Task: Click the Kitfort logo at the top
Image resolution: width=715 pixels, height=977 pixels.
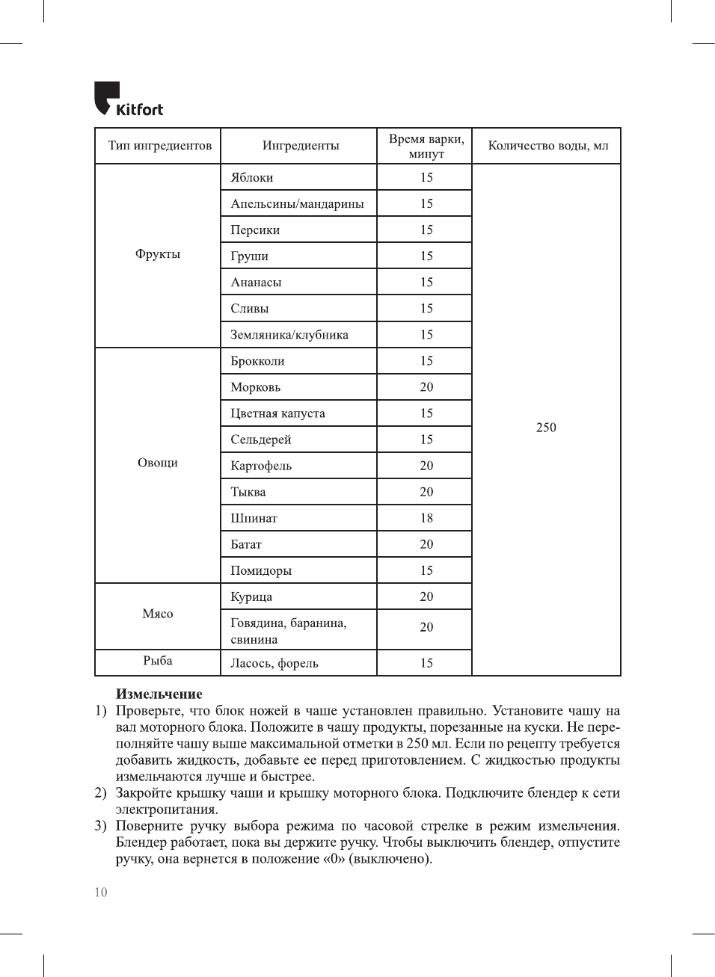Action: click(x=129, y=99)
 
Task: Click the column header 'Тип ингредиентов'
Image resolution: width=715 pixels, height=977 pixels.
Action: click(x=159, y=146)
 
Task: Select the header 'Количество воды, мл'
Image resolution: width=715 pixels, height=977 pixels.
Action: click(x=547, y=146)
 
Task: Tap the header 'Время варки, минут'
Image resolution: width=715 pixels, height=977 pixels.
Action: click(x=426, y=147)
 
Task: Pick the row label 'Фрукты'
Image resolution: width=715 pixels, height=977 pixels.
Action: click(x=158, y=254)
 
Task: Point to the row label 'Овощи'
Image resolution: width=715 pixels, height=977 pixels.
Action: click(x=158, y=463)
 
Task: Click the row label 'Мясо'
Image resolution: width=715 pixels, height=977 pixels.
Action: click(x=158, y=614)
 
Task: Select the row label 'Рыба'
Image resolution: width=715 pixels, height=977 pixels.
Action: click(x=158, y=661)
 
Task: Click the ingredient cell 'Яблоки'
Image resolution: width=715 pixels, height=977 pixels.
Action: click(x=252, y=178)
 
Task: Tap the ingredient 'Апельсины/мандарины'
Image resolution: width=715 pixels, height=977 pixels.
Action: click(x=297, y=204)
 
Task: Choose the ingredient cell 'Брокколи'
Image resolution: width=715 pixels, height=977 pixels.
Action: click(x=257, y=361)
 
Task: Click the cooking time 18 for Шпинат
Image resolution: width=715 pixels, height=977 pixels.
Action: click(x=426, y=518)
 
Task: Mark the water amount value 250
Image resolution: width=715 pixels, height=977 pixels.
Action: click(x=546, y=428)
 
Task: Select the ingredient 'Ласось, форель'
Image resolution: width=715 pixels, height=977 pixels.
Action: click(x=274, y=664)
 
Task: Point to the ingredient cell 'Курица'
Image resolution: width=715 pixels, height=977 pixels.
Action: click(x=251, y=597)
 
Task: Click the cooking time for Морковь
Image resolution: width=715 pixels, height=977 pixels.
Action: click(x=426, y=387)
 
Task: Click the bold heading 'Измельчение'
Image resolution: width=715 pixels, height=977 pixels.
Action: click(x=159, y=694)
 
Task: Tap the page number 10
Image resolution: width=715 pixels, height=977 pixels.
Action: click(x=101, y=892)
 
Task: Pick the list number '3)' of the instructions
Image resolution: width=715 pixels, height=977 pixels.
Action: click(x=100, y=826)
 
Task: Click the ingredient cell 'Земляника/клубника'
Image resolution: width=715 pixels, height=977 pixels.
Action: click(x=289, y=335)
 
